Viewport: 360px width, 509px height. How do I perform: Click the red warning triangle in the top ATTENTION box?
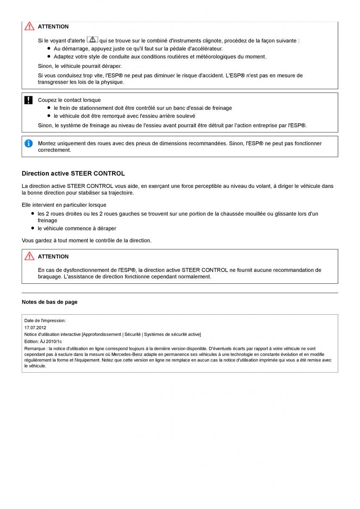point(29,26)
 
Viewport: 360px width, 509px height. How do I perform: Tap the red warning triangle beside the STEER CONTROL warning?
point(29,256)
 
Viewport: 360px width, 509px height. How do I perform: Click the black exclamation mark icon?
point(28,100)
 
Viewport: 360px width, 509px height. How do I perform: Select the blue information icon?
point(28,143)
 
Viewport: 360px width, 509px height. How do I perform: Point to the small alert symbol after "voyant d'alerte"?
point(92,40)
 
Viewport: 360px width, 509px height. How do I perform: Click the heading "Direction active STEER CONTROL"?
point(73,173)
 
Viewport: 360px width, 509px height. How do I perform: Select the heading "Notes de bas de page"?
point(49,302)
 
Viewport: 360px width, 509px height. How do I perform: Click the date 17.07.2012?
point(35,327)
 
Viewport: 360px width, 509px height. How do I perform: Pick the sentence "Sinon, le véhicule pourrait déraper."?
point(80,66)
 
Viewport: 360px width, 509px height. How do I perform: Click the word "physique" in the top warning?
point(112,82)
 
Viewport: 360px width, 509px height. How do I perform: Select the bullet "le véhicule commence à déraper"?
point(77,229)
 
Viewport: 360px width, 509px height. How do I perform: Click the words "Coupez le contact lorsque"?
point(69,100)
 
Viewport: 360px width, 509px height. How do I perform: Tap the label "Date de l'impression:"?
point(45,321)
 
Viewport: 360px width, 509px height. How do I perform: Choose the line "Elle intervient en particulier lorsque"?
point(64,205)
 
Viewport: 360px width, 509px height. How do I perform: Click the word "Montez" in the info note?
point(46,143)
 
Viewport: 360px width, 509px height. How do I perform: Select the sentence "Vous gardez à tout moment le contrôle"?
point(86,241)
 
